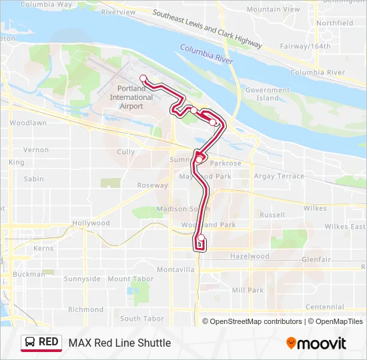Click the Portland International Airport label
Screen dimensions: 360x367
tap(131, 97)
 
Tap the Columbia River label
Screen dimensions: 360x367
tap(206, 54)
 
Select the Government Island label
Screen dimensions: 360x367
tap(268, 94)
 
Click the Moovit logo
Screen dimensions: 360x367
tap(316, 343)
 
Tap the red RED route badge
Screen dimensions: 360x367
tap(41, 343)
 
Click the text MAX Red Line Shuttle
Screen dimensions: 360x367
tap(119, 343)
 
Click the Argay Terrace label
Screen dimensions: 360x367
tap(278, 176)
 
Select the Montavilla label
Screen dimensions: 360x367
tap(175, 269)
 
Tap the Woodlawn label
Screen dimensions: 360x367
tap(28, 123)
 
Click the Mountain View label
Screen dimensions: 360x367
tap(273, 10)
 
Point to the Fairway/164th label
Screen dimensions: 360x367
tap(306, 47)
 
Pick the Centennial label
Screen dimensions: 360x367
tap(324, 307)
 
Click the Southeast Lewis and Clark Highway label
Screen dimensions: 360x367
tap(207, 29)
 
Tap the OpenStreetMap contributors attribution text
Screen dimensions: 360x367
tap(256, 321)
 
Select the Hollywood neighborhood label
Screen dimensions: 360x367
tap(91, 223)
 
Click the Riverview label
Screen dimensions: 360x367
tap(118, 12)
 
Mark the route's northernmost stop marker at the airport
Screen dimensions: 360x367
tap(143, 78)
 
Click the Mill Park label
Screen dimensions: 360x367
tap(248, 290)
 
